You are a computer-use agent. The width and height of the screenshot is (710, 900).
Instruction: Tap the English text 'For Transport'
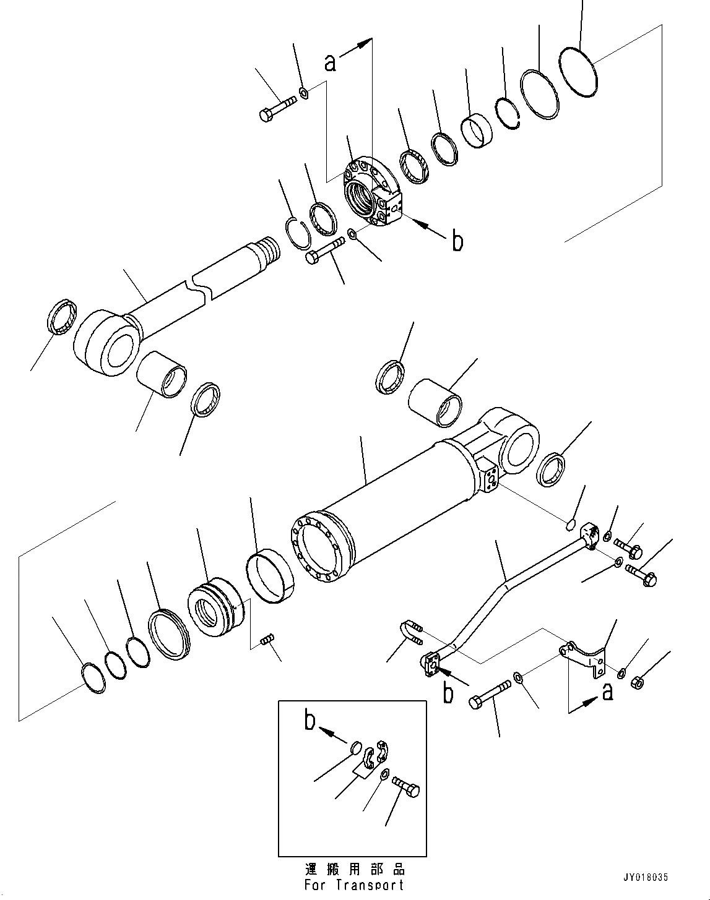353,885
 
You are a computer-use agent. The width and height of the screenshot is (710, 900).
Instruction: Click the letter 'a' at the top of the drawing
331,61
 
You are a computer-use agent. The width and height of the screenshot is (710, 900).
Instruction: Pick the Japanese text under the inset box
353,868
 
